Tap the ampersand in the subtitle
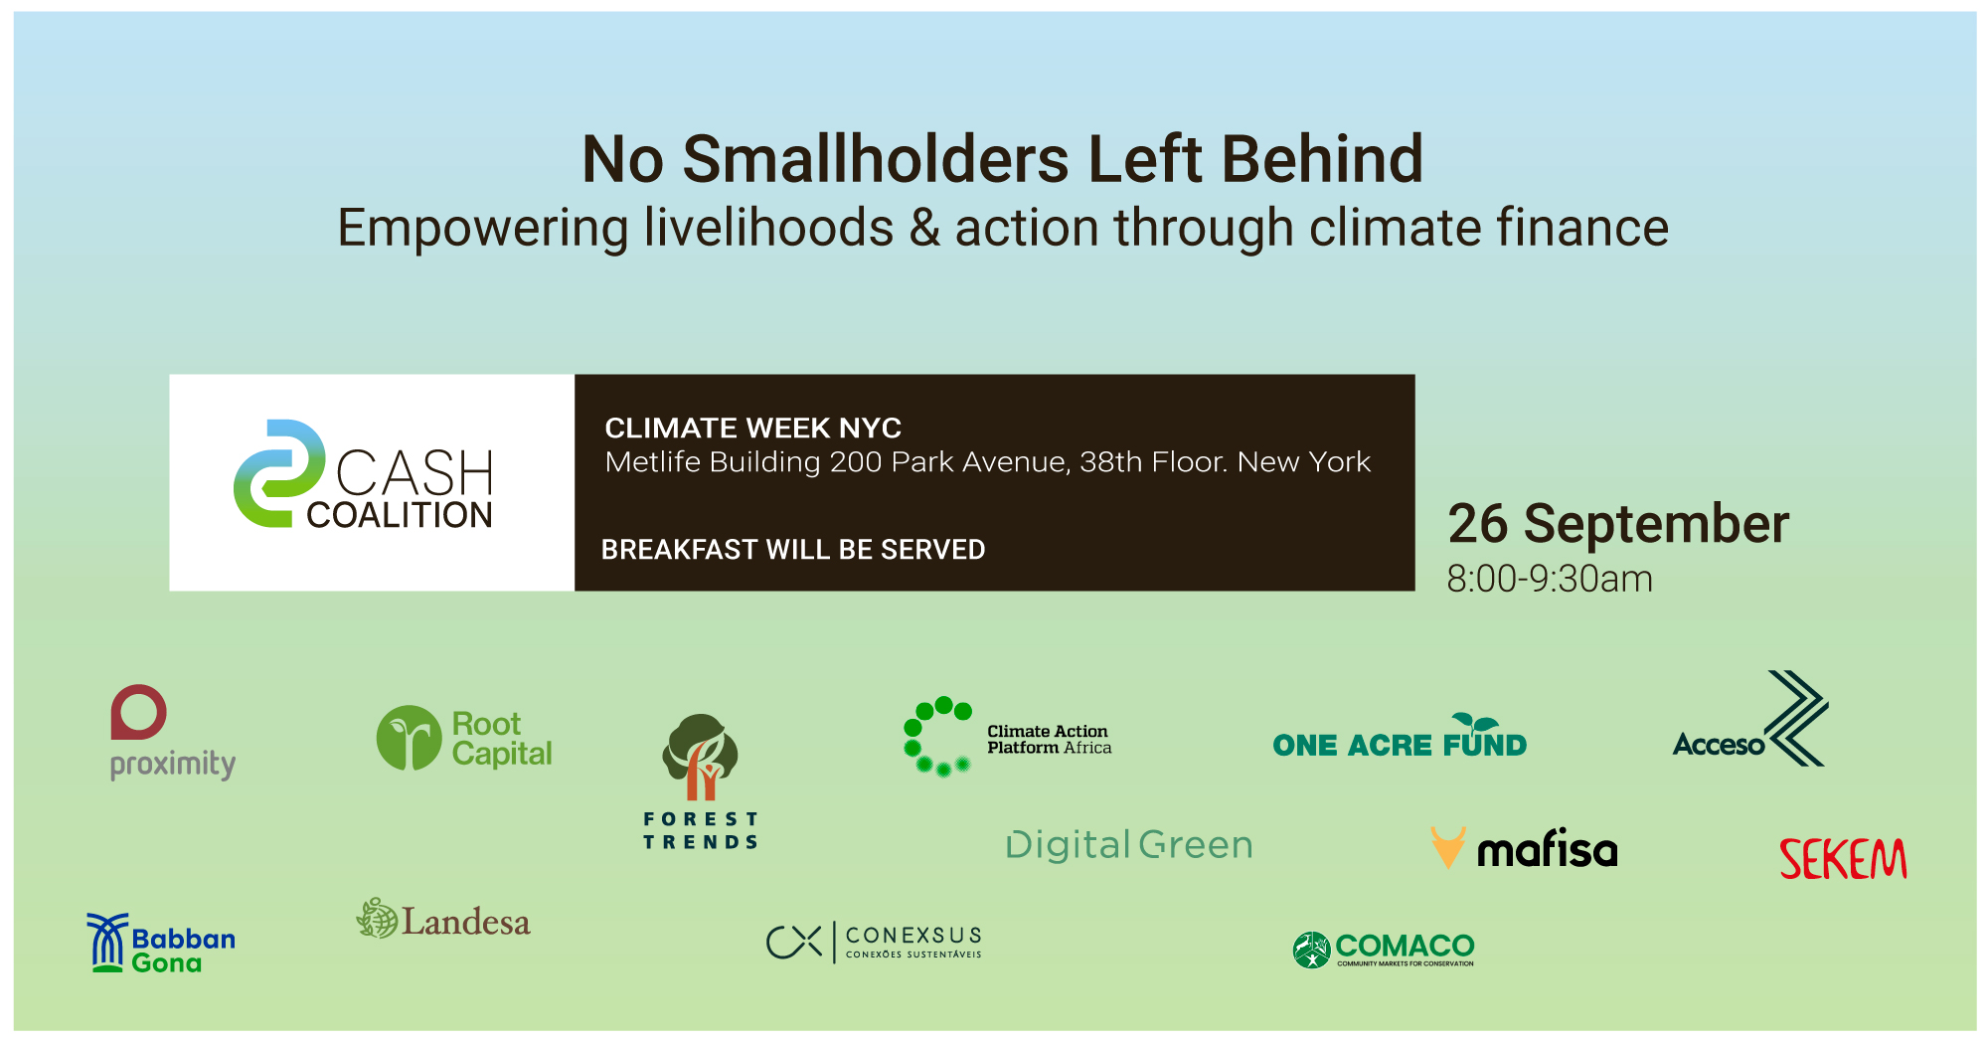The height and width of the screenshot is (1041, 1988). [x=924, y=228]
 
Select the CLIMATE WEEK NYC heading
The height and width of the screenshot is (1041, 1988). [x=752, y=428]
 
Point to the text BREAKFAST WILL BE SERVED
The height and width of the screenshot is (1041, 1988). [x=793, y=549]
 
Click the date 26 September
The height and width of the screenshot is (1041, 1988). [x=1617, y=524]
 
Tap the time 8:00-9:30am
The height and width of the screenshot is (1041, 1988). [x=1549, y=579]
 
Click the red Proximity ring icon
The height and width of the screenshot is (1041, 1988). [x=138, y=712]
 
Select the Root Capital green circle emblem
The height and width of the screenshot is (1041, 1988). [x=409, y=738]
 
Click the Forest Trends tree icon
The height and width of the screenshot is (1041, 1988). [x=701, y=756]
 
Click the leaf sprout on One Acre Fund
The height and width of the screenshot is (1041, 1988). [x=1475, y=722]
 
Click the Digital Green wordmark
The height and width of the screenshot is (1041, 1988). [x=1129, y=845]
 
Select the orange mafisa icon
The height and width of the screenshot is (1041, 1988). [x=1447, y=847]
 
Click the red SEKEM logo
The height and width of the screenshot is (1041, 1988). [x=1842, y=859]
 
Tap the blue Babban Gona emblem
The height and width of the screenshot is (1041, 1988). [x=107, y=943]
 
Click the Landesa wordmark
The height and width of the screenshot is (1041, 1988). [x=465, y=922]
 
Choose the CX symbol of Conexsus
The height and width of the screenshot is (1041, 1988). [x=794, y=942]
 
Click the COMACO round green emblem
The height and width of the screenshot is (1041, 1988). [x=1311, y=950]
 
